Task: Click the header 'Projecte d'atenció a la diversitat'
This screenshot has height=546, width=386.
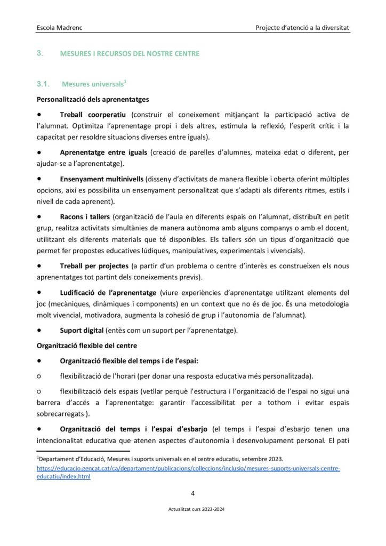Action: (x=302, y=26)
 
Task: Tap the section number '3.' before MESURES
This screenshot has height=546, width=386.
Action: (x=39, y=53)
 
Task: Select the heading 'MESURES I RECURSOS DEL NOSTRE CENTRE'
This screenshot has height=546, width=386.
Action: (x=130, y=54)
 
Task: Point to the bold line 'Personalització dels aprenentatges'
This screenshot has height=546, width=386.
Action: (x=92, y=99)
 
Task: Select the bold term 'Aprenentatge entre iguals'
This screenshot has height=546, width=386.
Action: (x=104, y=152)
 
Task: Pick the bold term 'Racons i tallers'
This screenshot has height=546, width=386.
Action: (x=85, y=217)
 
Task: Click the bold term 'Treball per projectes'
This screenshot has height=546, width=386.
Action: (x=94, y=266)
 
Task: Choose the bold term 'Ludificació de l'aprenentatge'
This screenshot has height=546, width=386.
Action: (x=108, y=293)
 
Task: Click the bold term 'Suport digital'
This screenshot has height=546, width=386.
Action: (x=82, y=331)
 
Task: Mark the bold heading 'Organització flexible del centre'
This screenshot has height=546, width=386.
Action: (x=87, y=346)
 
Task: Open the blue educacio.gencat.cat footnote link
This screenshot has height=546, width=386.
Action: (x=188, y=469)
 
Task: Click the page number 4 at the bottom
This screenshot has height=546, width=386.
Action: (x=193, y=493)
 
